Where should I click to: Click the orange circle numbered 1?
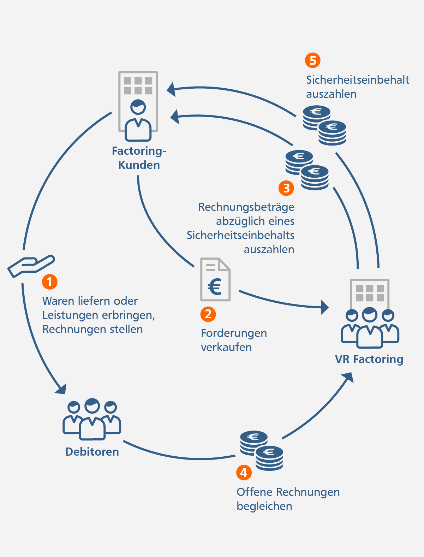(x=49, y=282)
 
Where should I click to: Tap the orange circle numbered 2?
(x=208, y=314)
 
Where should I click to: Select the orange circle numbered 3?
(x=286, y=188)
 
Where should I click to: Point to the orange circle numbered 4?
(x=244, y=472)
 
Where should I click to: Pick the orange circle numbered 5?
(x=313, y=60)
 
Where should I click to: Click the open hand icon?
(x=31, y=266)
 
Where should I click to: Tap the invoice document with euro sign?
(x=215, y=279)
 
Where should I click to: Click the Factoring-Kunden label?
(x=139, y=158)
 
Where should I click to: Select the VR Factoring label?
(x=369, y=359)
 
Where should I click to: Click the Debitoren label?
(x=92, y=452)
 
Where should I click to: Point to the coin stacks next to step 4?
(x=262, y=450)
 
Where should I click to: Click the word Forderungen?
(x=234, y=333)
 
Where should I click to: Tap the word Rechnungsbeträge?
(x=246, y=207)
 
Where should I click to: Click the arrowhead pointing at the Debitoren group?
(x=61, y=389)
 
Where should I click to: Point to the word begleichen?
(x=264, y=506)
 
